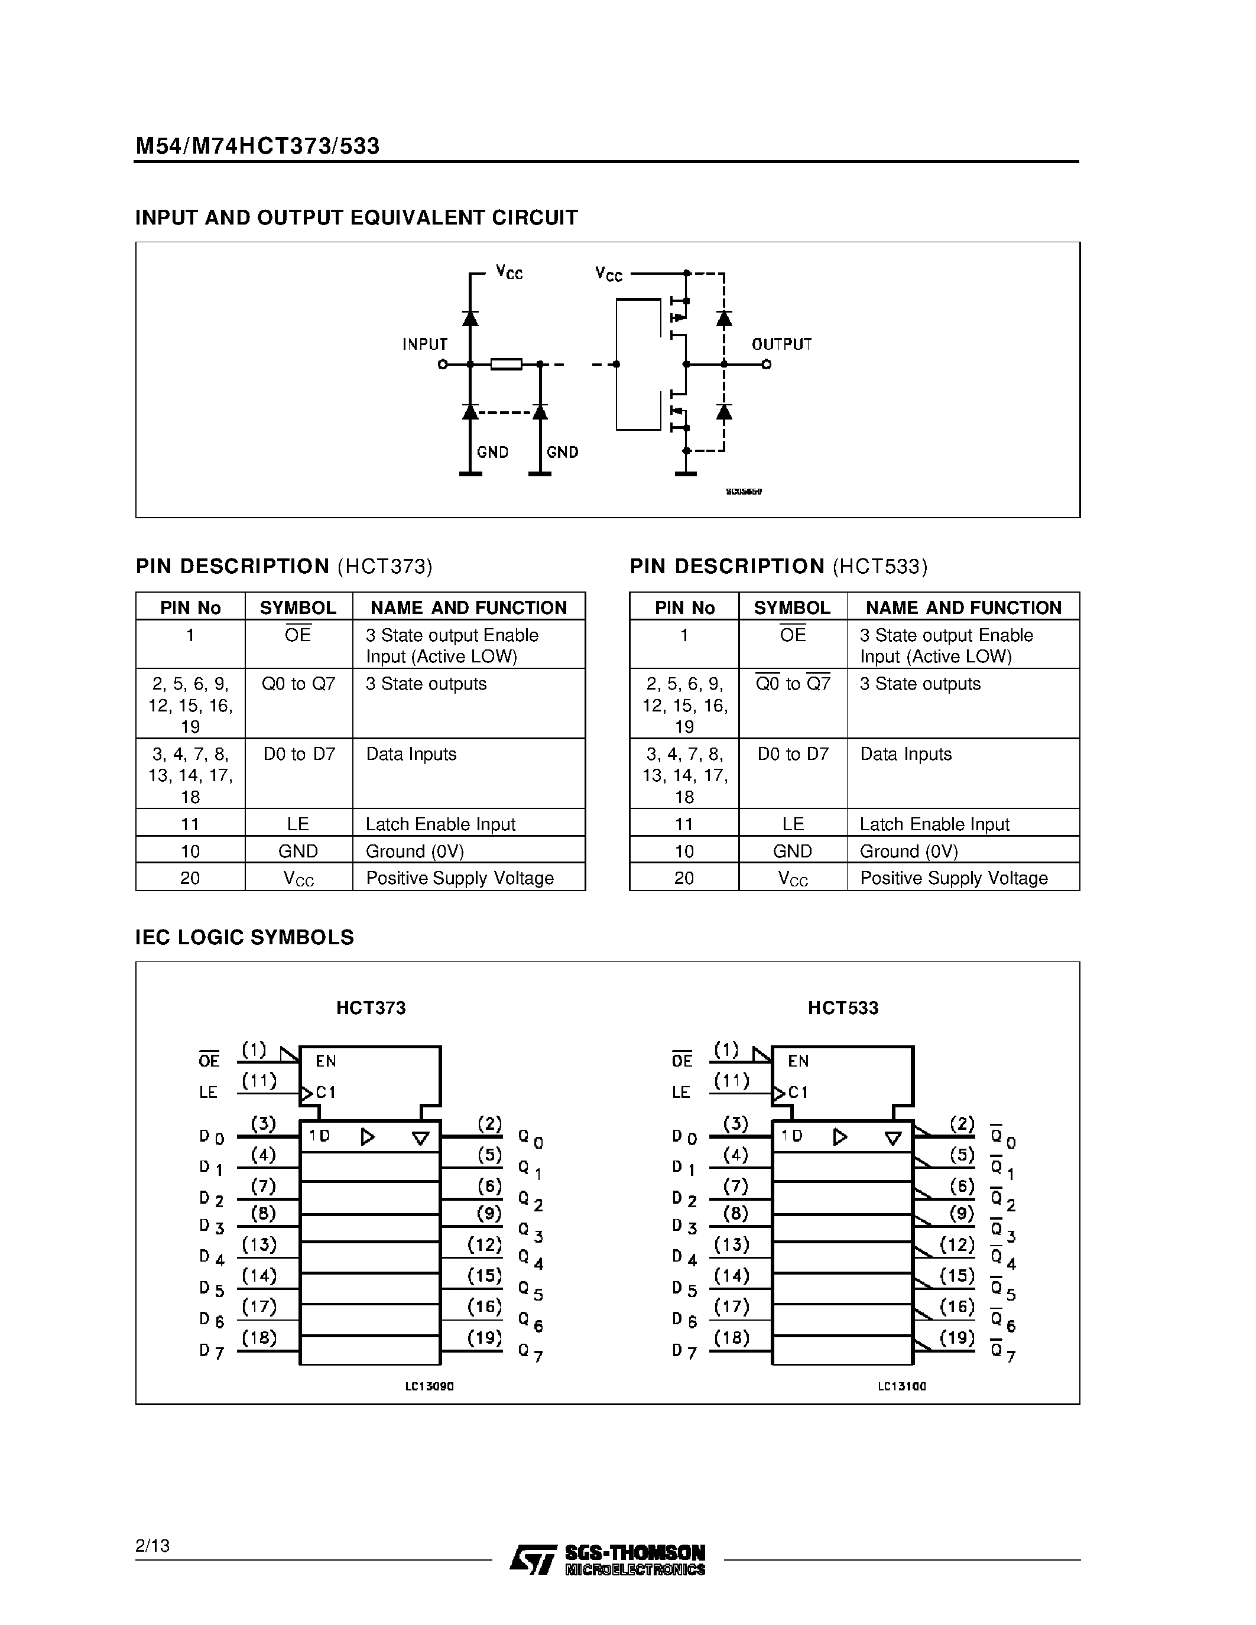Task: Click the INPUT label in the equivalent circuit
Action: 425,344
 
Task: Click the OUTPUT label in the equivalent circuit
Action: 781,344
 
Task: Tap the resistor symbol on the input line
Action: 506,364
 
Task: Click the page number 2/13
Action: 152,1545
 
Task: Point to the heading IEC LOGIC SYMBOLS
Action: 244,938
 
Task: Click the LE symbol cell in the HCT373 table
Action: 298,824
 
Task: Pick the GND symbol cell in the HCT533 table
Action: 793,851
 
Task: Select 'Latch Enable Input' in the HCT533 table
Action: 934,824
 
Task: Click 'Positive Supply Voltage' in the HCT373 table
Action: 460,878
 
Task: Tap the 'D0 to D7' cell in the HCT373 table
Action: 299,754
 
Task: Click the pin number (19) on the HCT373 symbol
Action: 485,1338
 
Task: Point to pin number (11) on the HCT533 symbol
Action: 731,1080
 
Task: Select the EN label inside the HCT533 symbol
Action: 799,1061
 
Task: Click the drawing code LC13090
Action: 429,1387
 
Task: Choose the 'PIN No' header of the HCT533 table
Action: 684,608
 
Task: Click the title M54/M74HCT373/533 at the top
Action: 258,146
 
